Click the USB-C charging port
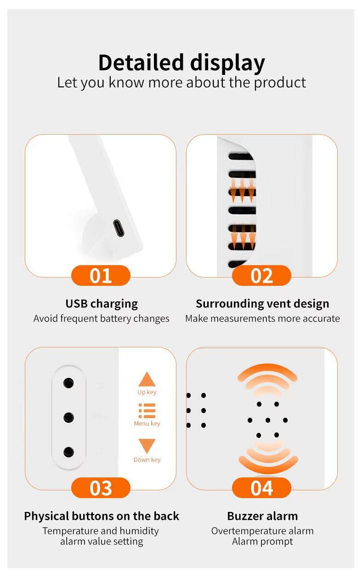pyautogui.click(x=119, y=228)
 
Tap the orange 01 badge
pyautogui.click(x=101, y=275)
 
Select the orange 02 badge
pyautogui.click(x=261, y=275)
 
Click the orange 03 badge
pyautogui.click(x=101, y=488)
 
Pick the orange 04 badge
pyautogui.click(x=261, y=488)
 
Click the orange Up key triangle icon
pyautogui.click(x=147, y=379)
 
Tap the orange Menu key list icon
pyautogui.click(x=147, y=411)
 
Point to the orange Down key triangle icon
pyautogui.click(x=147, y=446)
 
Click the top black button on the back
pyautogui.click(x=68, y=383)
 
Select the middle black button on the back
pyautogui.click(x=68, y=417)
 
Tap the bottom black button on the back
pyautogui.click(x=68, y=452)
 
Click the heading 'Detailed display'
pyautogui.click(x=181, y=63)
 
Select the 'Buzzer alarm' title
pyautogui.click(x=262, y=516)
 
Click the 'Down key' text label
pyautogui.click(x=147, y=460)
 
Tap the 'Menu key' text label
pyautogui.click(x=147, y=423)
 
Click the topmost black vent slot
pyautogui.click(x=241, y=156)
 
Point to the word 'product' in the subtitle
pyautogui.click(x=280, y=83)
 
